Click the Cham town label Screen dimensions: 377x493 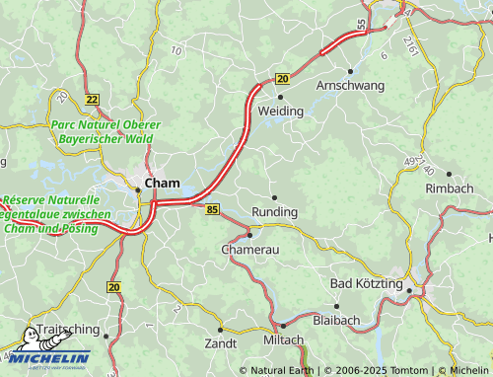163,183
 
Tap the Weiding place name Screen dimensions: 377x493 280,113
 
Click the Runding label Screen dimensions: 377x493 274,212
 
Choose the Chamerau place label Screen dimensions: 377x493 250,251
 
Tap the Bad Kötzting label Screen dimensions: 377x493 367,284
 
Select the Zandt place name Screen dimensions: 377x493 220,343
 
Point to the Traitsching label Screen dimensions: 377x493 68,331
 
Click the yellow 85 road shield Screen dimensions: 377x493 212,209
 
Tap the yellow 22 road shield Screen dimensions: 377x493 93,99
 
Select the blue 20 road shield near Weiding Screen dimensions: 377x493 282,79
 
